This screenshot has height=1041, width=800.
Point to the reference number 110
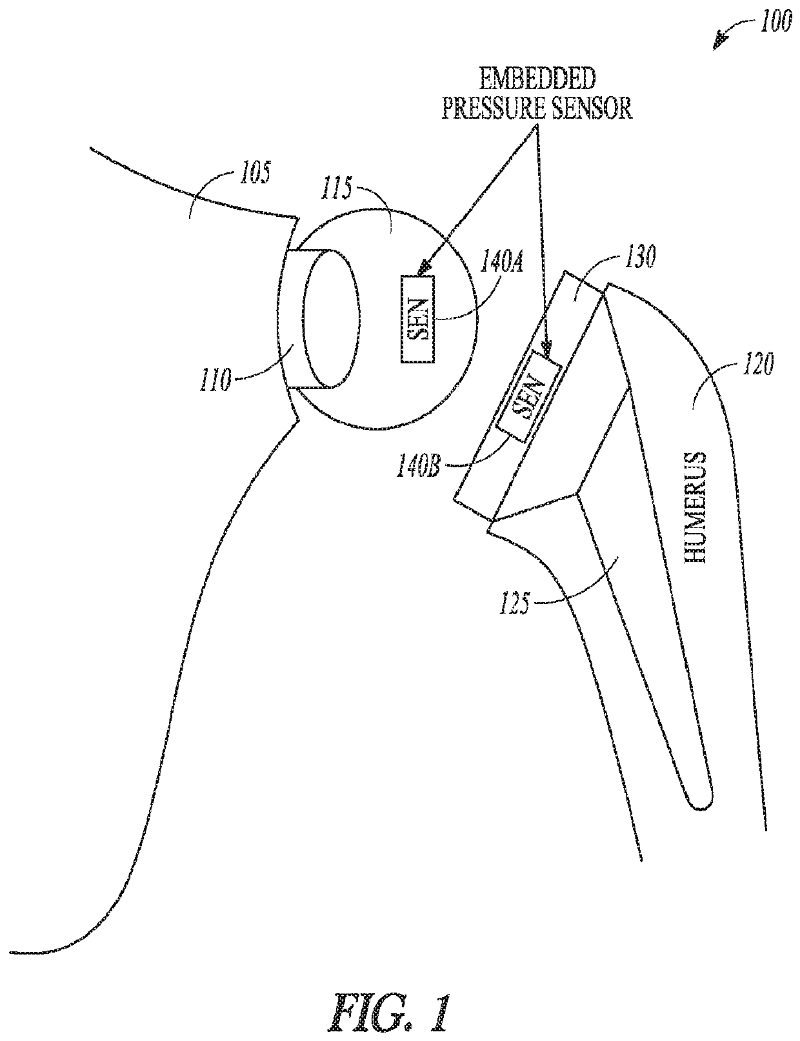215,381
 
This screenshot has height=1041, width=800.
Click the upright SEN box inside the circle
418,319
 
